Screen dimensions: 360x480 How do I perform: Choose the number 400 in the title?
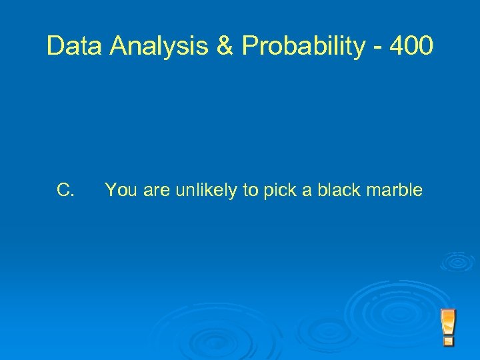click(x=413, y=46)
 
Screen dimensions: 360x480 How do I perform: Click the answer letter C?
click(x=65, y=191)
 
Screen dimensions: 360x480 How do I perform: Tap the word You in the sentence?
click(x=121, y=191)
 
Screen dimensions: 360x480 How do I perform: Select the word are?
click(x=157, y=191)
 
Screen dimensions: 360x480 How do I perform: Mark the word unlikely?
click(x=207, y=191)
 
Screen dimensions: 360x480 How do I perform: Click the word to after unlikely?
click(x=251, y=191)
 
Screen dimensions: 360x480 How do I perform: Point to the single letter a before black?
click(x=307, y=191)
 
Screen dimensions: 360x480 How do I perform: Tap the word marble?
click(x=397, y=191)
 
